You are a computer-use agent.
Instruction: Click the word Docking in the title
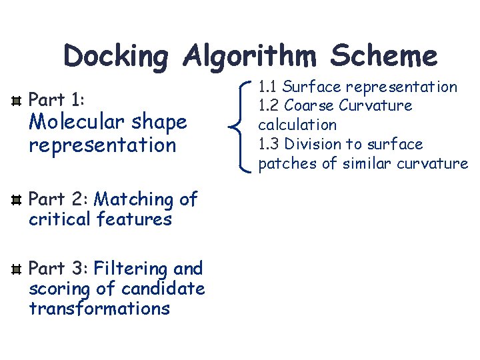click(117, 57)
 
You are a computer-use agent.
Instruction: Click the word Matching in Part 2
click(135, 199)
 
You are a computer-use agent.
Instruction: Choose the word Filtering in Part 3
click(131, 269)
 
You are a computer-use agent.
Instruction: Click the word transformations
click(99, 309)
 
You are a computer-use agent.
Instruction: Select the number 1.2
click(269, 105)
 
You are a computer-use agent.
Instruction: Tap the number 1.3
click(269, 144)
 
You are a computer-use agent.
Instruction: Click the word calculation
click(297, 125)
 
